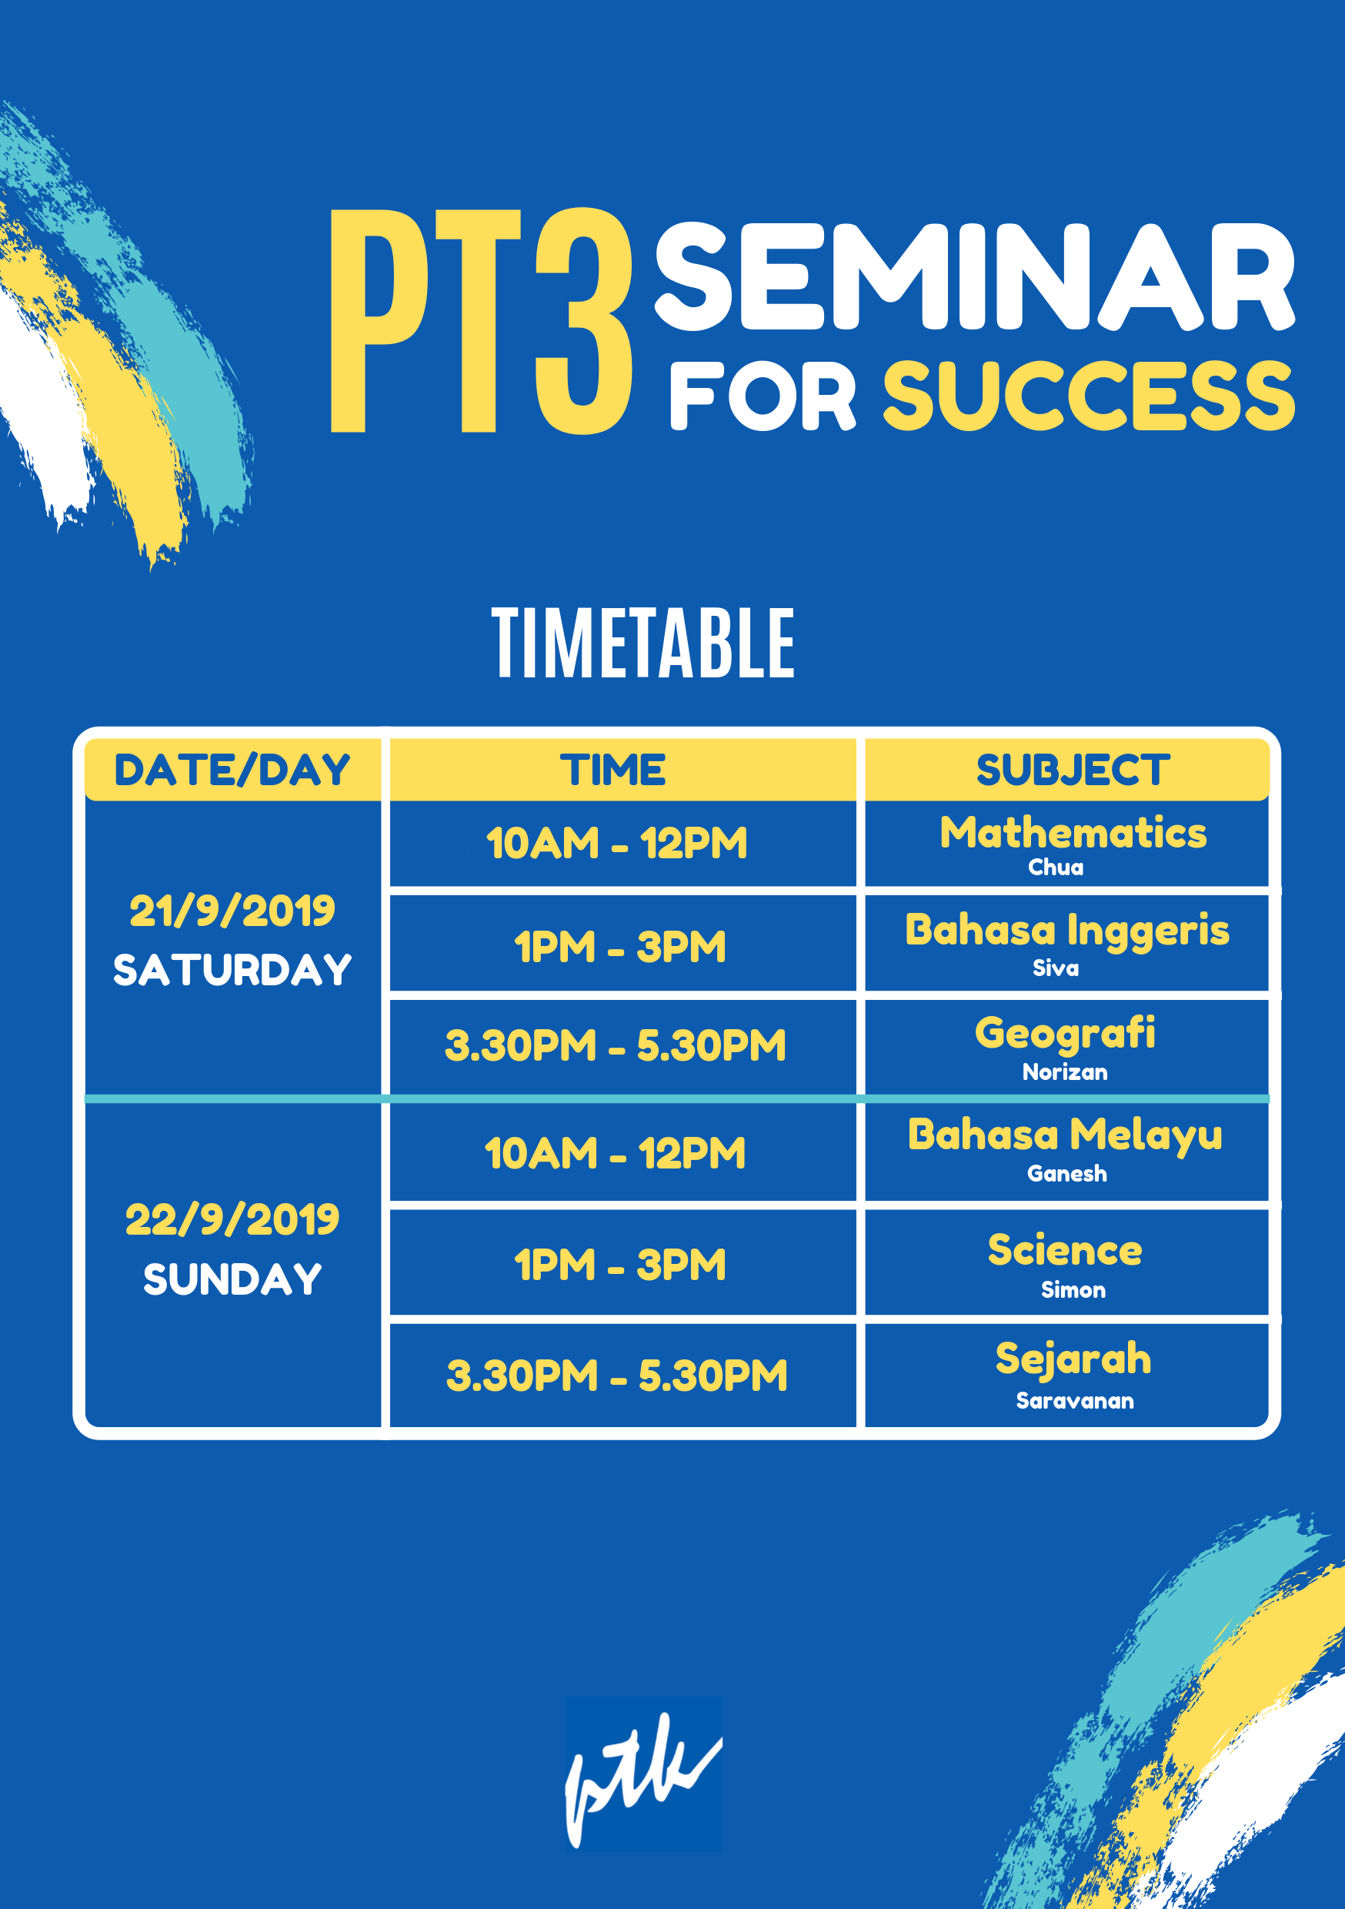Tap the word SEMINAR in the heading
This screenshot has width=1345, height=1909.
tap(975, 277)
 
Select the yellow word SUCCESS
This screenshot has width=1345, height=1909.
tap(1089, 396)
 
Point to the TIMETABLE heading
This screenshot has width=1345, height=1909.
tap(643, 643)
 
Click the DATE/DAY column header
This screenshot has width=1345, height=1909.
tap(232, 770)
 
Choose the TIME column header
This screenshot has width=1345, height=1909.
tap(613, 770)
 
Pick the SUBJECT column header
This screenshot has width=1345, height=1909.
tap(1073, 770)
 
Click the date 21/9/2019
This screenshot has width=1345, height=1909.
tap(232, 911)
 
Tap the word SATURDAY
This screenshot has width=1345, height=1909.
tap(232, 971)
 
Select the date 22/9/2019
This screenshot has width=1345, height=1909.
tap(232, 1220)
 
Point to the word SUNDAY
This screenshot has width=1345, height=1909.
tap(232, 1279)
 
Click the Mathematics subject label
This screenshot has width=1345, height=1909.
tap(1073, 833)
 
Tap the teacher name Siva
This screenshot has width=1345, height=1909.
tap(1056, 968)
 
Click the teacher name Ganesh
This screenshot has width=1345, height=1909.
tap(1067, 1174)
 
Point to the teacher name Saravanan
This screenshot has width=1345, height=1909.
tap(1075, 1401)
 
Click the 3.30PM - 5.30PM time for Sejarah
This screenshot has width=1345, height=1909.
tap(617, 1376)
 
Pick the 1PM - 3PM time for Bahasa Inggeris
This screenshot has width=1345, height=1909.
tap(620, 947)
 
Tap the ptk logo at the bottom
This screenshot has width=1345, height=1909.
tap(643, 1775)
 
